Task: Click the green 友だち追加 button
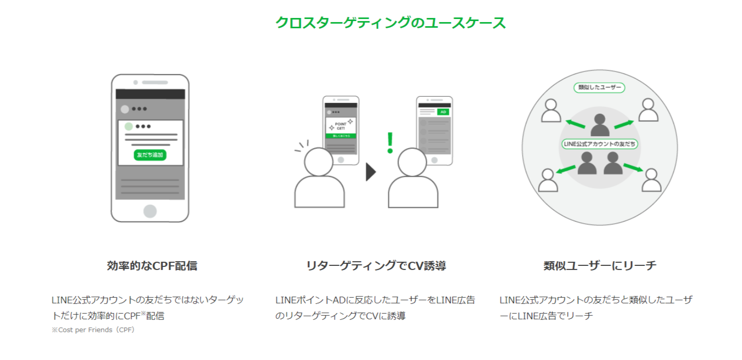pyautogui.click(x=150, y=155)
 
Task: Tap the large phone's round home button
pyautogui.click(x=150, y=211)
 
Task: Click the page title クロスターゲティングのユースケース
pyautogui.click(x=390, y=23)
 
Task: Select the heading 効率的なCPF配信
pyautogui.click(x=152, y=266)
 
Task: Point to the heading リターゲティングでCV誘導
pyautogui.click(x=376, y=266)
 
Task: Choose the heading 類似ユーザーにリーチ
pyautogui.click(x=600, y=266)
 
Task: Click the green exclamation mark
pyautogui.click(x=390, y=143)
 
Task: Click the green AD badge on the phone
pyautogui.click(x=442, y=112)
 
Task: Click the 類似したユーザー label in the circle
pyautogui.click(x=600, y=87)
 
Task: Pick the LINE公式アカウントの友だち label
pyautogui.click(x=600, y=145)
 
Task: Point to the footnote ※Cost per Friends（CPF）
pyautogui.click(x=93, y=330)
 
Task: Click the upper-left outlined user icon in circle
pyautogui.click(x=551, y=110)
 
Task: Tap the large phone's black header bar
pyautogui.click(x=150, y=94)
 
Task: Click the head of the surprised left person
pyautogui.click(x=319, y=161)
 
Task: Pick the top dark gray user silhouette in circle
pyautogui.click(x=600, y=124)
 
